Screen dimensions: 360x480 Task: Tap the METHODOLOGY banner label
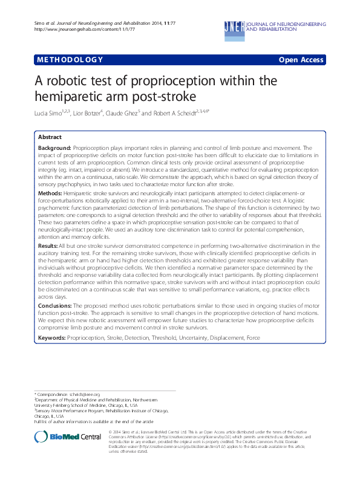click(70, 60)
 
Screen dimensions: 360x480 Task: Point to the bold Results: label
click(48, 264)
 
